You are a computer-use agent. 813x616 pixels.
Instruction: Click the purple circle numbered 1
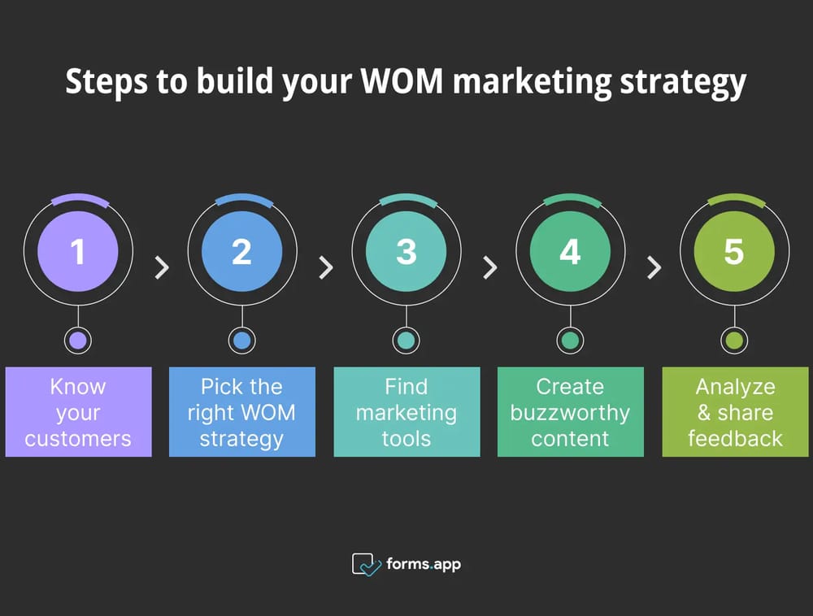[78, 251]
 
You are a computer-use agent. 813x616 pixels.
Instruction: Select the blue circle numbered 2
[241, 251]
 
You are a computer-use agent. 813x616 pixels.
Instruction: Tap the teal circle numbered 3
[406, 251]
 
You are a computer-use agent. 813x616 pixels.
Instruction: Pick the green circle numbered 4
[570, 251]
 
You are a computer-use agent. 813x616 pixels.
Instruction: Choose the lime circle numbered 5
[733, 251]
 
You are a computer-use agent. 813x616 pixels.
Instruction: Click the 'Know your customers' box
[78, 412]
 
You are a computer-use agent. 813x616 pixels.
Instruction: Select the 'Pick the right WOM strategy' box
[241, 412]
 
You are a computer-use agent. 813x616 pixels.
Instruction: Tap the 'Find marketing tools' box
[406, 412]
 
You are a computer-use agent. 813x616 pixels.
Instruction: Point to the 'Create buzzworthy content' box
[570, 412]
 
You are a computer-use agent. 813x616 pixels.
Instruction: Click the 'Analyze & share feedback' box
[735, 412]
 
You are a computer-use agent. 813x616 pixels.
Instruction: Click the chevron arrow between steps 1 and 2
[162, 267]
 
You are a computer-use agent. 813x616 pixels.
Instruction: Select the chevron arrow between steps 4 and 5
[654, 267]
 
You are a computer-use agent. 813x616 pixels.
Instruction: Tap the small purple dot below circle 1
[78, 341]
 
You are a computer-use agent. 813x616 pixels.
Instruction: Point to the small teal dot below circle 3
[406, 341]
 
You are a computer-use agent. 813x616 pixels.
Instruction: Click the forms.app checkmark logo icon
[366, 564]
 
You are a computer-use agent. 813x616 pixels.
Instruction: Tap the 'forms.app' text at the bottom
[423, 563]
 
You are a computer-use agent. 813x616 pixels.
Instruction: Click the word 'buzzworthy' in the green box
[570, 412]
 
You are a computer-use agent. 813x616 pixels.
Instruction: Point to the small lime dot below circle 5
[733, 341]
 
